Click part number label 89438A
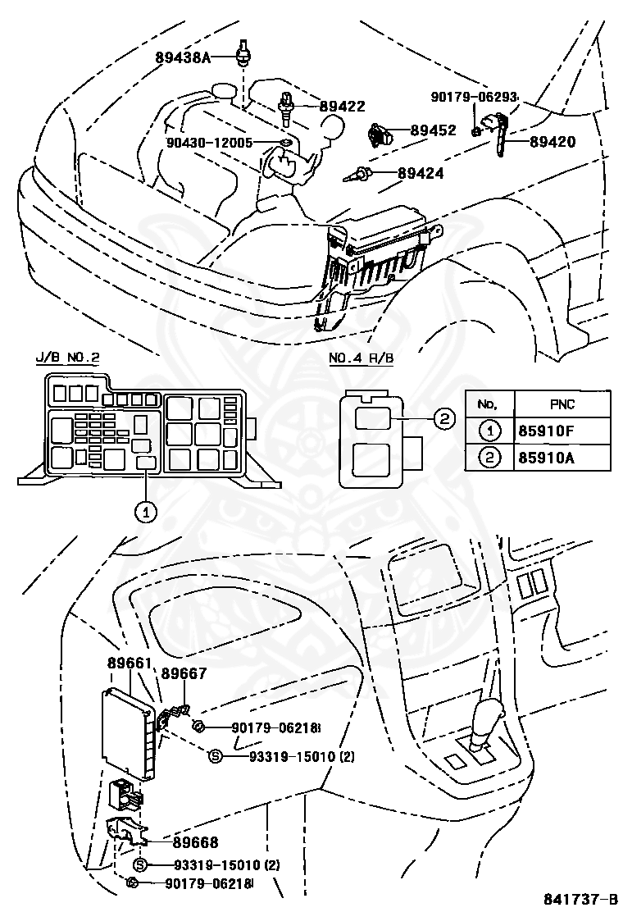[182, 57]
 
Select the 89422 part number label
[343, 106]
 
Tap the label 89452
[433, 130]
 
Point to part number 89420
[553, 141]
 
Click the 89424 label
[421, 173]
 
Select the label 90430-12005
[209, 143]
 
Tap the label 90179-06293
[475, 97]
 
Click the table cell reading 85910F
[546, 431]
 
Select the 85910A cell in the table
[546, 458]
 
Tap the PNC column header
[562, 404]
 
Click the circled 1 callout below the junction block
[146, 512]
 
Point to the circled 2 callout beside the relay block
[444, 419]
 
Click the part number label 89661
[130, 663]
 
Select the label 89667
[184, 673]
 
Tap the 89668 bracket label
[195, 841]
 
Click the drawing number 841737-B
[580, 899]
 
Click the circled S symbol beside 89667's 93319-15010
[216, 756]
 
